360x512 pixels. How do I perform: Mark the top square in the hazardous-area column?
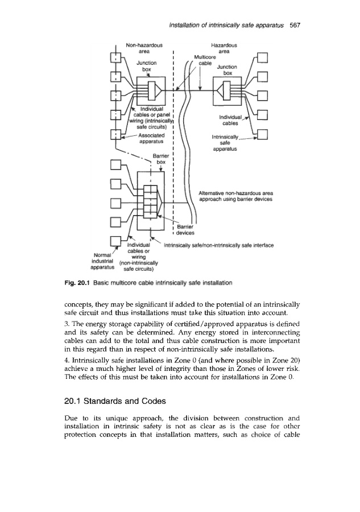tap(262, 57)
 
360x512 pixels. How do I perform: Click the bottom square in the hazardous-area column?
tap(262, 137)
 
